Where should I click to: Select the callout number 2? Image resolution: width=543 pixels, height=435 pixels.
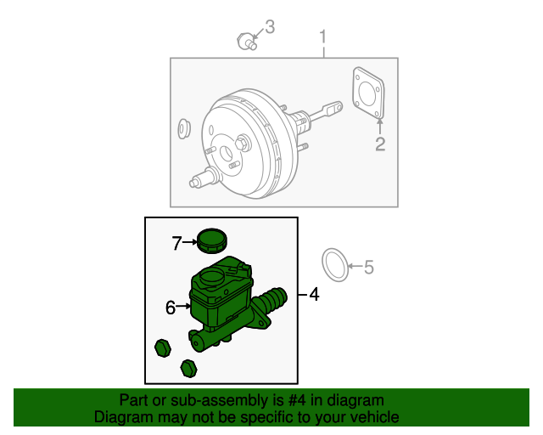click(380, 144)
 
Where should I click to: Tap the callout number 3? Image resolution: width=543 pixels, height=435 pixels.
click(270, 27)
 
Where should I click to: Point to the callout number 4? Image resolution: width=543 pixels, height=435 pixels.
click(314, 295)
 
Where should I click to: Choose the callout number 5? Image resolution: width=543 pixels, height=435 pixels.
click(368, 268)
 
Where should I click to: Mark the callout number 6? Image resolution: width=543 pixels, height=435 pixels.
click(171, 308)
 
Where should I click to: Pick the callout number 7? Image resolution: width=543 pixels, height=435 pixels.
click(176, 244)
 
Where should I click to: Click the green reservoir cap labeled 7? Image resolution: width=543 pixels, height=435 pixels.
click(210, 240)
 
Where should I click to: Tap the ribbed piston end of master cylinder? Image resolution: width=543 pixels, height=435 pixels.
click(274, 300)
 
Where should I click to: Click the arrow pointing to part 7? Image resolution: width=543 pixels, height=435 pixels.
click(190, 244)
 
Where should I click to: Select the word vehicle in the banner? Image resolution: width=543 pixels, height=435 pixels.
click(373, 417)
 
